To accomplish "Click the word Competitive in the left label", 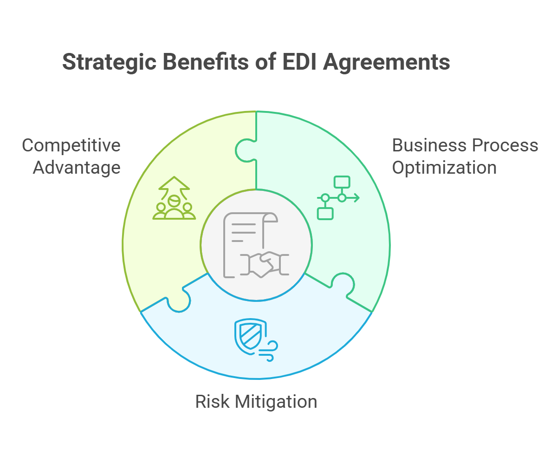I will [71, 145].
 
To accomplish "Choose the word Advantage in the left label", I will [77, 168].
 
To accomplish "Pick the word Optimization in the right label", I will [444, 168].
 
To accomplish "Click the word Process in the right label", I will [504, 145].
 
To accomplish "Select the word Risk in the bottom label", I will [212, 402].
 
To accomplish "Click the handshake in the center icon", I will [263, 263].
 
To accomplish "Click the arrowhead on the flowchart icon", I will [356, 198].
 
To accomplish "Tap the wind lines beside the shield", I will [269, 351].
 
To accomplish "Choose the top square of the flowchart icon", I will [342, 181].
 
